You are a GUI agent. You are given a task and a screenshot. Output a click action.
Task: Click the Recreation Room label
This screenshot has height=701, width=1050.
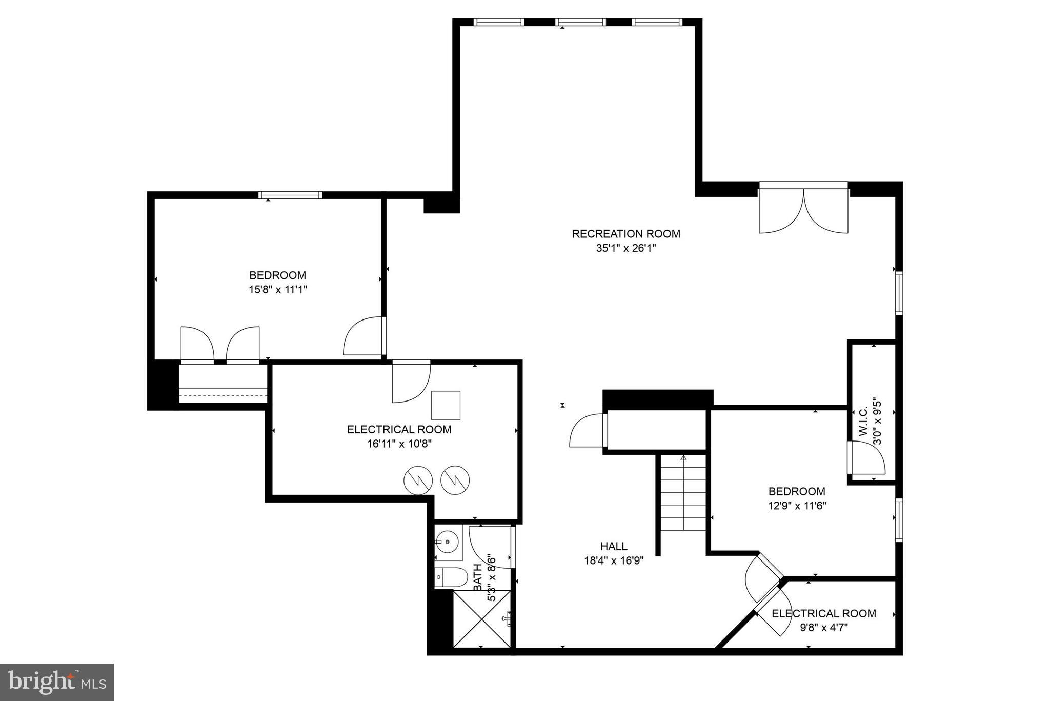[625, 234]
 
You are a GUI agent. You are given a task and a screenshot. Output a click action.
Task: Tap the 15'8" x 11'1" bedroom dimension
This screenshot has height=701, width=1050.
[277, 290]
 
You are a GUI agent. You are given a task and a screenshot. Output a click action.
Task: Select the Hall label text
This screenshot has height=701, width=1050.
[614, 547]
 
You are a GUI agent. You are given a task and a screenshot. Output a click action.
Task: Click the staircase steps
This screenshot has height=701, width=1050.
[683, 495]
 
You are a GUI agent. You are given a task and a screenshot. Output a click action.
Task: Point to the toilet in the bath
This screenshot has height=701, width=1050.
[451, 577]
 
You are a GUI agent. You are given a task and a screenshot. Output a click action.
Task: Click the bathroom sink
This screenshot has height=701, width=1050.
[448, 542]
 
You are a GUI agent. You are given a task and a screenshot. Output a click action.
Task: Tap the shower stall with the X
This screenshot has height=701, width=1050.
[482, 618]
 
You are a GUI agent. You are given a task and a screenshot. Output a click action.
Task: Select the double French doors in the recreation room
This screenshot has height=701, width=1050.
[803, 210]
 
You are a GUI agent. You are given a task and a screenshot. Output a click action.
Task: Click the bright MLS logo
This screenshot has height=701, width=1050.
[57, 682]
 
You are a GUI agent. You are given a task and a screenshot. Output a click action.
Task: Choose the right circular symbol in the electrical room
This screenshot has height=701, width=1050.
[455, 480]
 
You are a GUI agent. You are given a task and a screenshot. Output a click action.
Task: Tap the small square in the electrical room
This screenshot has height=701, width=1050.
[446, 405]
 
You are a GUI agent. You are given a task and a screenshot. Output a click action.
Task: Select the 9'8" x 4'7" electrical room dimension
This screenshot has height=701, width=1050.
[824, 628]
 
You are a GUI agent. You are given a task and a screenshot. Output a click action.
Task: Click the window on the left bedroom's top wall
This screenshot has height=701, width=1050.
[290, 195]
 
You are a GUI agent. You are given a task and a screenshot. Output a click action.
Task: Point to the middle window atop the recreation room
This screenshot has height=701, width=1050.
[580, 22]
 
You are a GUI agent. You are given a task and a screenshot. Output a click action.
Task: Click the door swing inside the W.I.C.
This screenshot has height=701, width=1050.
[866, 459]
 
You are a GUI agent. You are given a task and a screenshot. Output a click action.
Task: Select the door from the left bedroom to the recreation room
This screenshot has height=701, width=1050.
[364, 336]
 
